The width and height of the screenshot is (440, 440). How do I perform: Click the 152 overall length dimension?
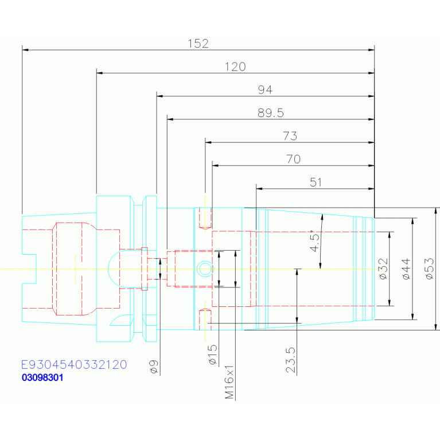(x=198, y=44)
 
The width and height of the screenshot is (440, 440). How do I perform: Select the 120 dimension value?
(x=235, y=67)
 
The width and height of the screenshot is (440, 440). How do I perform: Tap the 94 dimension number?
(x=265, y=90)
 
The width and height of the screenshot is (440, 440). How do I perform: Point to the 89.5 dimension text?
(x=271, y=113)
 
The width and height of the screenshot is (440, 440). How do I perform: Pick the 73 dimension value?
(x=290, y=136)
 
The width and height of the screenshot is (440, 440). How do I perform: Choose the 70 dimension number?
(x=294, y=159)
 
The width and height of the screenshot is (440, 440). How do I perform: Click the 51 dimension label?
(x=316, y=182)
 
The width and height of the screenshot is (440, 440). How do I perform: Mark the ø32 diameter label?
(x=383, y=269)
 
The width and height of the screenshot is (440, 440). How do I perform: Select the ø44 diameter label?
(x=406, y=269)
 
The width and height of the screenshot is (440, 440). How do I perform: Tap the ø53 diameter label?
(x=429, y=269)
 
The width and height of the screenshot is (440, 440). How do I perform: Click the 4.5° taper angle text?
(x=315, y=241)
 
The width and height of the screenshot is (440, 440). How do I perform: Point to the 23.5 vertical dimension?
(x=291, y=360)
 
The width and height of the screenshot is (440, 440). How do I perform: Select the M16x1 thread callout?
(x=229, y=382)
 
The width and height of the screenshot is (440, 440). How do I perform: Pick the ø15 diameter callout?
(x=213, y=355)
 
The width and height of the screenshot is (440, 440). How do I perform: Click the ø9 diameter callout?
(x=154, y=367)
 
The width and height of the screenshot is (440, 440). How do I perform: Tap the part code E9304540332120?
(x=74, y=364)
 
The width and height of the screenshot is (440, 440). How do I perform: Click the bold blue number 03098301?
(x=42, y=377)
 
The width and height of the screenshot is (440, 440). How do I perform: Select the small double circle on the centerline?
(x=205, y=269)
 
